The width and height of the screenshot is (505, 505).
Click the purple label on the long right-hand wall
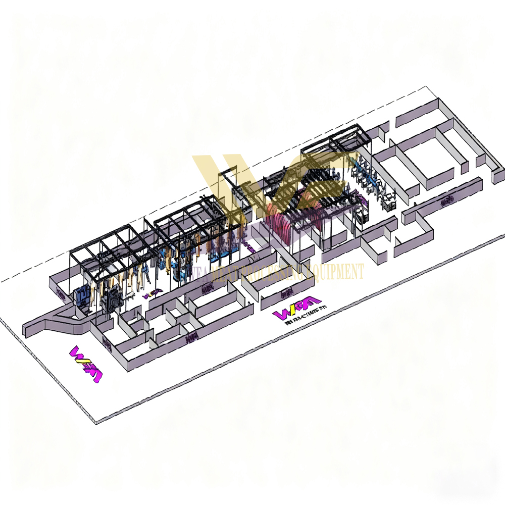coord(446,203)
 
